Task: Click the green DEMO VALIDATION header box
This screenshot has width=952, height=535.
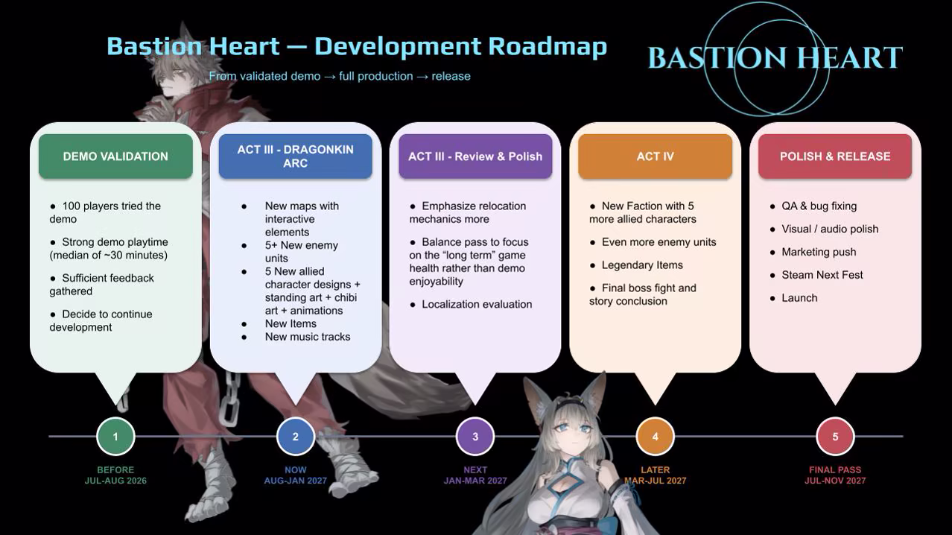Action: point(115,156)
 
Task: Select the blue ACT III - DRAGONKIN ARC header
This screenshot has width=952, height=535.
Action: point(296,156)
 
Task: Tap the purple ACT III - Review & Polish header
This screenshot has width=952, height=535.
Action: point(475,156)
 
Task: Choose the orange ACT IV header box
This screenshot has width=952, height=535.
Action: point(655,156)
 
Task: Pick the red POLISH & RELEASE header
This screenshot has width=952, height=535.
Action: point(835,156)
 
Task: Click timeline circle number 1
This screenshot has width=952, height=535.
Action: point(115,437)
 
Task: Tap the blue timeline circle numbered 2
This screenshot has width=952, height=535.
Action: point(296,437)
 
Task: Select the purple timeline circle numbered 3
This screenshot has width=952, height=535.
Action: point(475,437)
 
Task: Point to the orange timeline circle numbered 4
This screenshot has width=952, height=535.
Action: point(655,437)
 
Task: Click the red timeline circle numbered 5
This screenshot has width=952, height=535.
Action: point(835,437)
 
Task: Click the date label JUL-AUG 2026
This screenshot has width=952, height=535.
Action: point(115,481)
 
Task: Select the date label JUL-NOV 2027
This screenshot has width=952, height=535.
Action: point(835,481)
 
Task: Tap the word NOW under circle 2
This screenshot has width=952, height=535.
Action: point(296,470)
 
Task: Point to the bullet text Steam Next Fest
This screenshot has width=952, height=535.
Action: point(822,275)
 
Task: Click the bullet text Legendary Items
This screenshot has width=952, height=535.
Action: point(642,265)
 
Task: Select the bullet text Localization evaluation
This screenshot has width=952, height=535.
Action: point(477,305)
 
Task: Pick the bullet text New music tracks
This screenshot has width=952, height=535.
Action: point(308,337)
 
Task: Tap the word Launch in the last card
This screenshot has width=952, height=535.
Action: point(799,298)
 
